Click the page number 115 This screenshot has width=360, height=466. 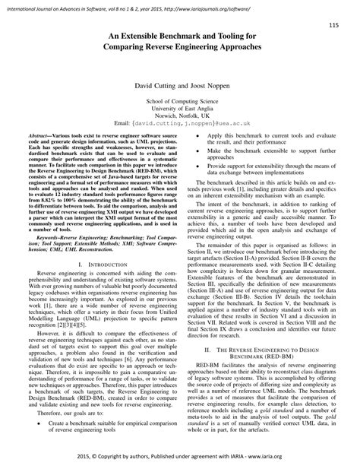[x=333, y=26]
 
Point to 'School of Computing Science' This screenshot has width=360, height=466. [x=179, y=102]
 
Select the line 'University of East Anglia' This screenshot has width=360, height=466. [x=179, y=110]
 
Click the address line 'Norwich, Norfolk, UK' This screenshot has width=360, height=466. [x=179, y=118]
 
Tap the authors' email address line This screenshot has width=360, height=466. [x=179, y=126]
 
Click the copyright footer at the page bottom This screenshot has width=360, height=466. [x=179, y=457]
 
